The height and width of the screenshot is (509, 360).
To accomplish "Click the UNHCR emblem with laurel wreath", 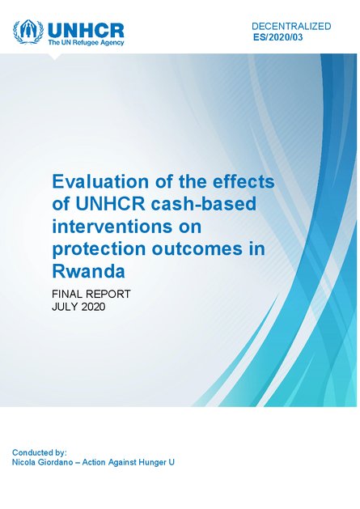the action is (28, 32).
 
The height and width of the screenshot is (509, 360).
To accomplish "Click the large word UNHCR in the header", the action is (86, 31).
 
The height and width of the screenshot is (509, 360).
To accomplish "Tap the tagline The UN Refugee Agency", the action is (86, 43).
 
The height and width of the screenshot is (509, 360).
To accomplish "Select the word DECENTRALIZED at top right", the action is (291, 26).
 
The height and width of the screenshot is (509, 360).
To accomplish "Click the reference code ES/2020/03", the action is (277, 37).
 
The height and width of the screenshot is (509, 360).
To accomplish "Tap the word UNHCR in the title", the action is (110, 204).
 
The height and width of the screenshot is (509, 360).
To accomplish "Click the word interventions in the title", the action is (118, 227).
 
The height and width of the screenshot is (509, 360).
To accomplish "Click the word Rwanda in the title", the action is (88, 271).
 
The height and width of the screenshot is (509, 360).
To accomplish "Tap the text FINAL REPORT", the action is (91, 294).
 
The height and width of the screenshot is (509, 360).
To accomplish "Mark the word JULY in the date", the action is (64, 307).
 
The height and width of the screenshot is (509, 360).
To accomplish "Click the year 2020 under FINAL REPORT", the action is (92, 307).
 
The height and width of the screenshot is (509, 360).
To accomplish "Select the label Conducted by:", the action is (40, 452).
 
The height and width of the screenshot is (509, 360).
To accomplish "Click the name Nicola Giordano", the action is (42, 462).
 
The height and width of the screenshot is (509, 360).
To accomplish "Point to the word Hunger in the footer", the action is (151, 462).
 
